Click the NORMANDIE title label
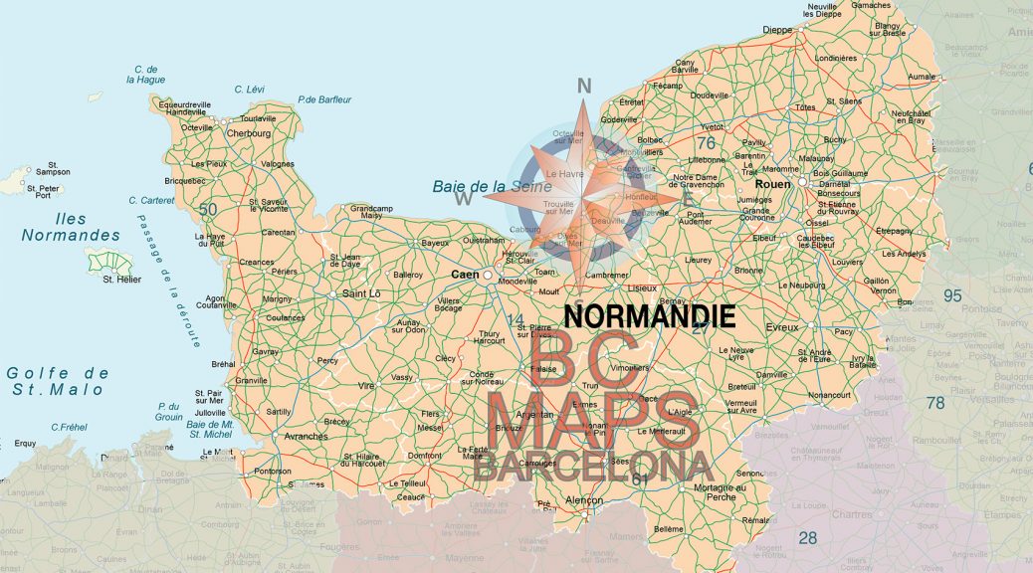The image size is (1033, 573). click(650, 316)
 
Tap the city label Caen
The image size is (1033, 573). click(465, 275)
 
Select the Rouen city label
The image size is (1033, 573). click(773, 184)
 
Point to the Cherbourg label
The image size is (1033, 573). click(249, 133)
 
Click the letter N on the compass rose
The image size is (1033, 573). click(584, 86)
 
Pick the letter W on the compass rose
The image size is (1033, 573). click(464, 199)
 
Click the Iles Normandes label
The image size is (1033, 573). click(71, 227)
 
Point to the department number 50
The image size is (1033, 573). click(208, 209)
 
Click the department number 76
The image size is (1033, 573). click(707, 144)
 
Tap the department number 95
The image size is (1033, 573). click(952, 295)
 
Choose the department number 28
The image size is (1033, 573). click(807, 538)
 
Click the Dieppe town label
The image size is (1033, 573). click(776, 30)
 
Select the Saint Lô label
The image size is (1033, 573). click(362, 293)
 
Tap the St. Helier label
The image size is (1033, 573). click(122, 280)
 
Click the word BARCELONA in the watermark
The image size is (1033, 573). click(592, 465)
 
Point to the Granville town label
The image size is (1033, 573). click(251, 381)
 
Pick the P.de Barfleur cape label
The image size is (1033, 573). click(324, 99)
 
